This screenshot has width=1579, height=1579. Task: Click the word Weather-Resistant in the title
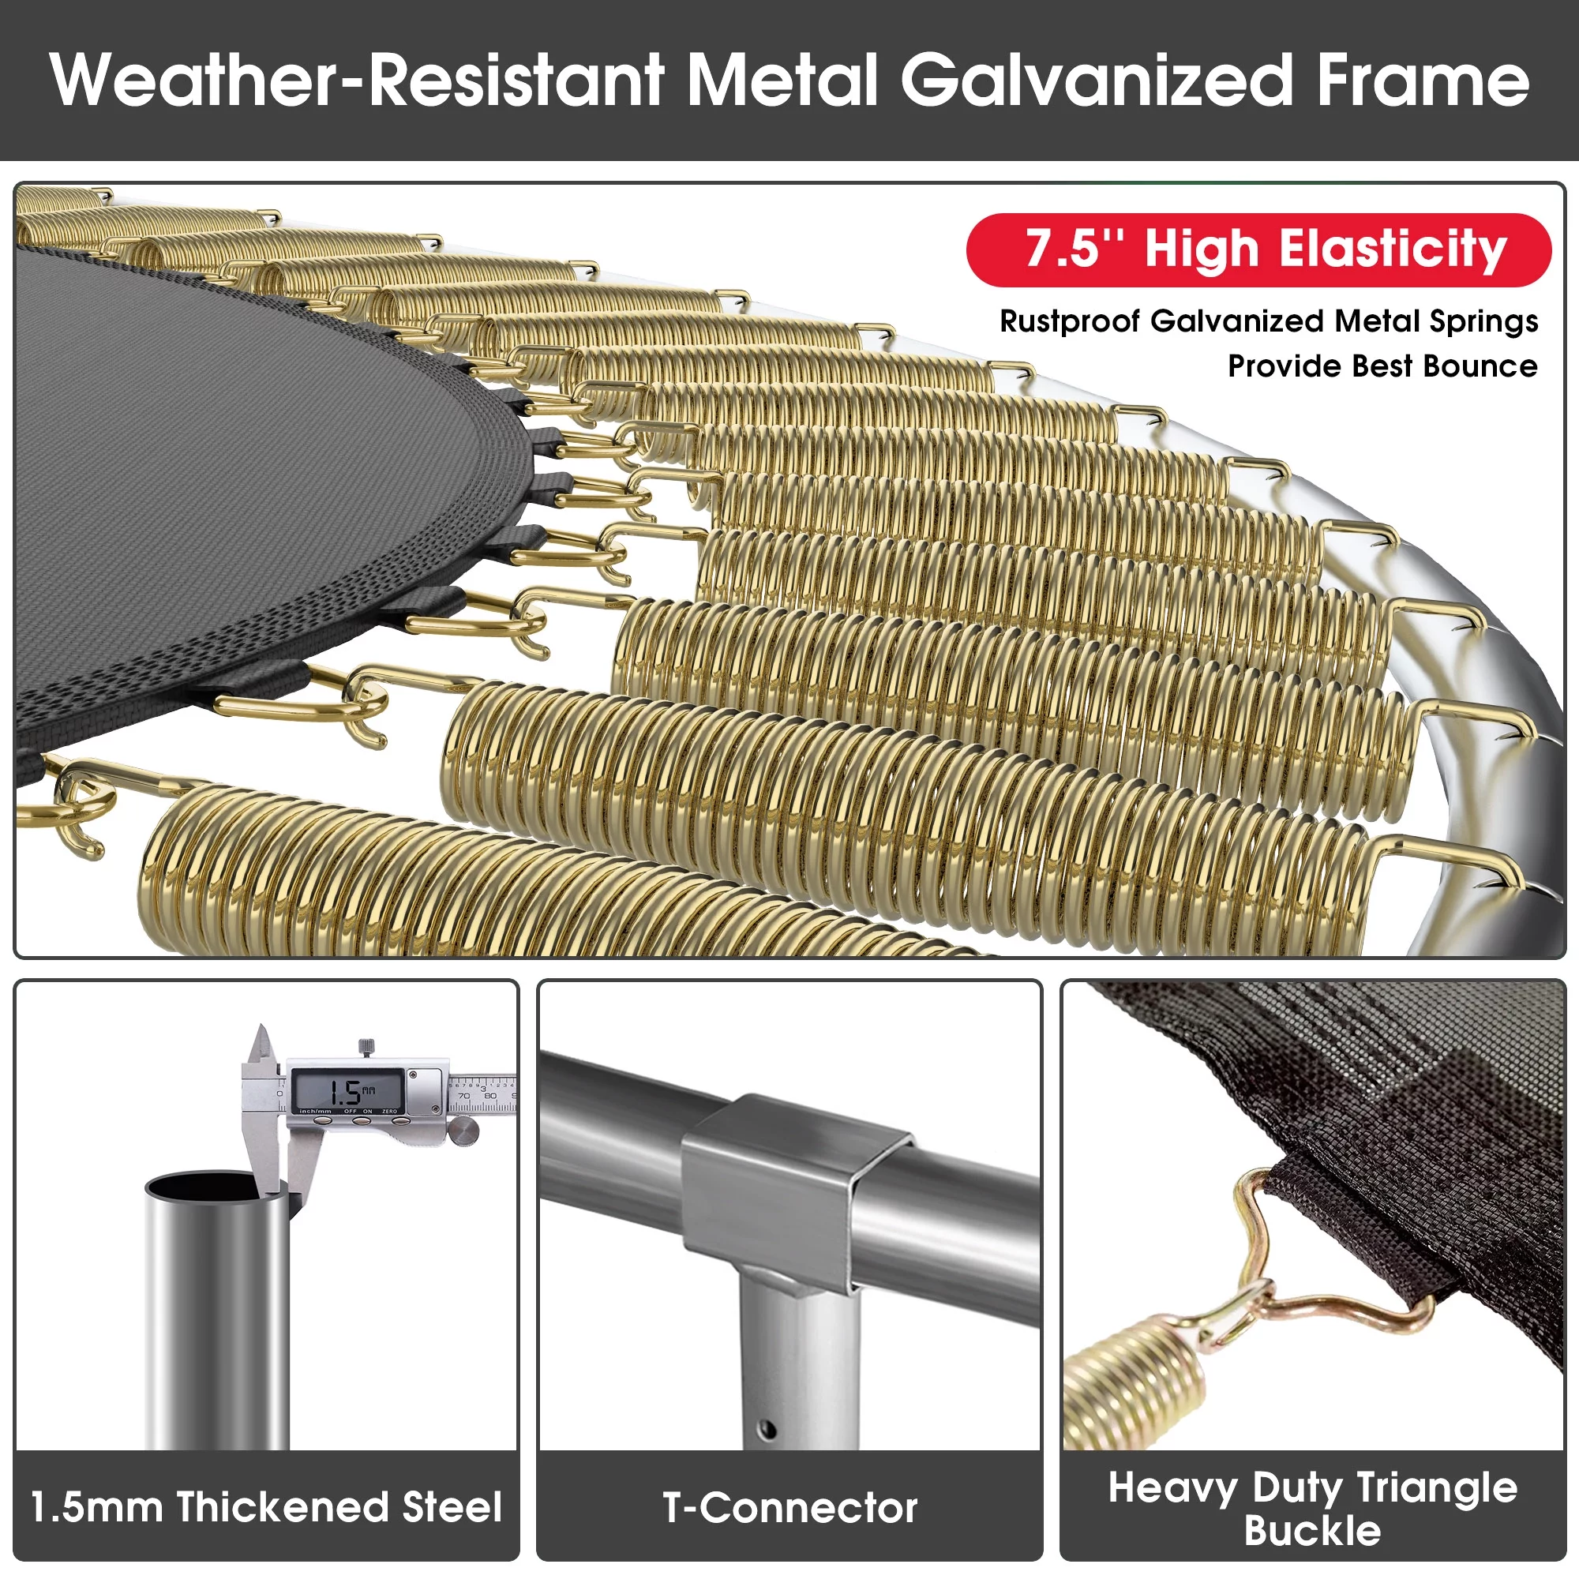357,79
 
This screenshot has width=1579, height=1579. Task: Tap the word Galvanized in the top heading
1096,79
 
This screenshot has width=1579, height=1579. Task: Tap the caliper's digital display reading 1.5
347,1090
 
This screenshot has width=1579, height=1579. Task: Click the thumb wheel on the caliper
463,1132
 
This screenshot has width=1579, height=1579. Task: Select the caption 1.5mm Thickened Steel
265,1506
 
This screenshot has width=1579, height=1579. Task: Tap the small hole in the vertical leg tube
767,1430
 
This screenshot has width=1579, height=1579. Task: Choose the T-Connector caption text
789,1507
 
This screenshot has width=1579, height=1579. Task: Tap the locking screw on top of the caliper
367,1048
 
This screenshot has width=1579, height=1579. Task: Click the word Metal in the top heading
782,79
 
